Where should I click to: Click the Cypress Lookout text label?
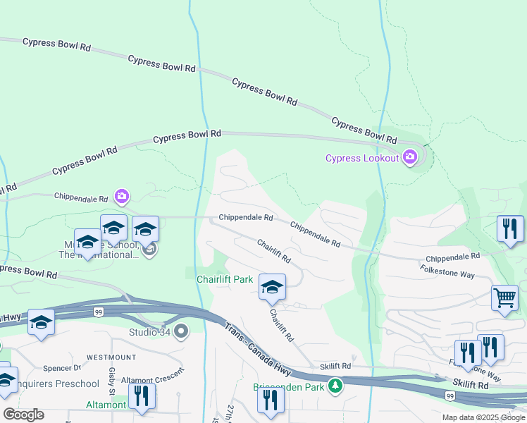(x=362, y=158)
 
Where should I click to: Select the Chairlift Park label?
(x=225, y=279)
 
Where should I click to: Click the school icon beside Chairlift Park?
(x=272, y=288)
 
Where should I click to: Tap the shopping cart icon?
(x=504, y=299)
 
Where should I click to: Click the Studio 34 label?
(x=150, y=331)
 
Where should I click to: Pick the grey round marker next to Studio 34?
(x=181, y=331)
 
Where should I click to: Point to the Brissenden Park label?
(x=290, y=386)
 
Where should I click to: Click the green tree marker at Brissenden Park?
(x=337, y=386)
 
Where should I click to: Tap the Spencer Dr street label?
(x=62, y=368)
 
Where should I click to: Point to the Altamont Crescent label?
(x=152, y=379)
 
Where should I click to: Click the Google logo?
(x=23, y=415)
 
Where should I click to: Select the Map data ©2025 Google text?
(x=483, y=417)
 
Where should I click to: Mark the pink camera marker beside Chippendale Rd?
(x=121, y=195)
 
